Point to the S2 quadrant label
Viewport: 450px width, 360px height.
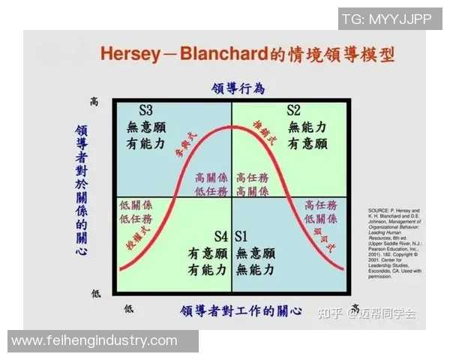click(293, 110)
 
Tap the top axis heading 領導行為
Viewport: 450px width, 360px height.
click(238, 88)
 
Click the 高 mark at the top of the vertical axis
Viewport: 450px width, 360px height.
click(94, 100)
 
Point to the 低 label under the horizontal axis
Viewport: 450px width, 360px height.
click(128, 308)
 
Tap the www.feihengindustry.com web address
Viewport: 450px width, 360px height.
click(94, 340)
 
